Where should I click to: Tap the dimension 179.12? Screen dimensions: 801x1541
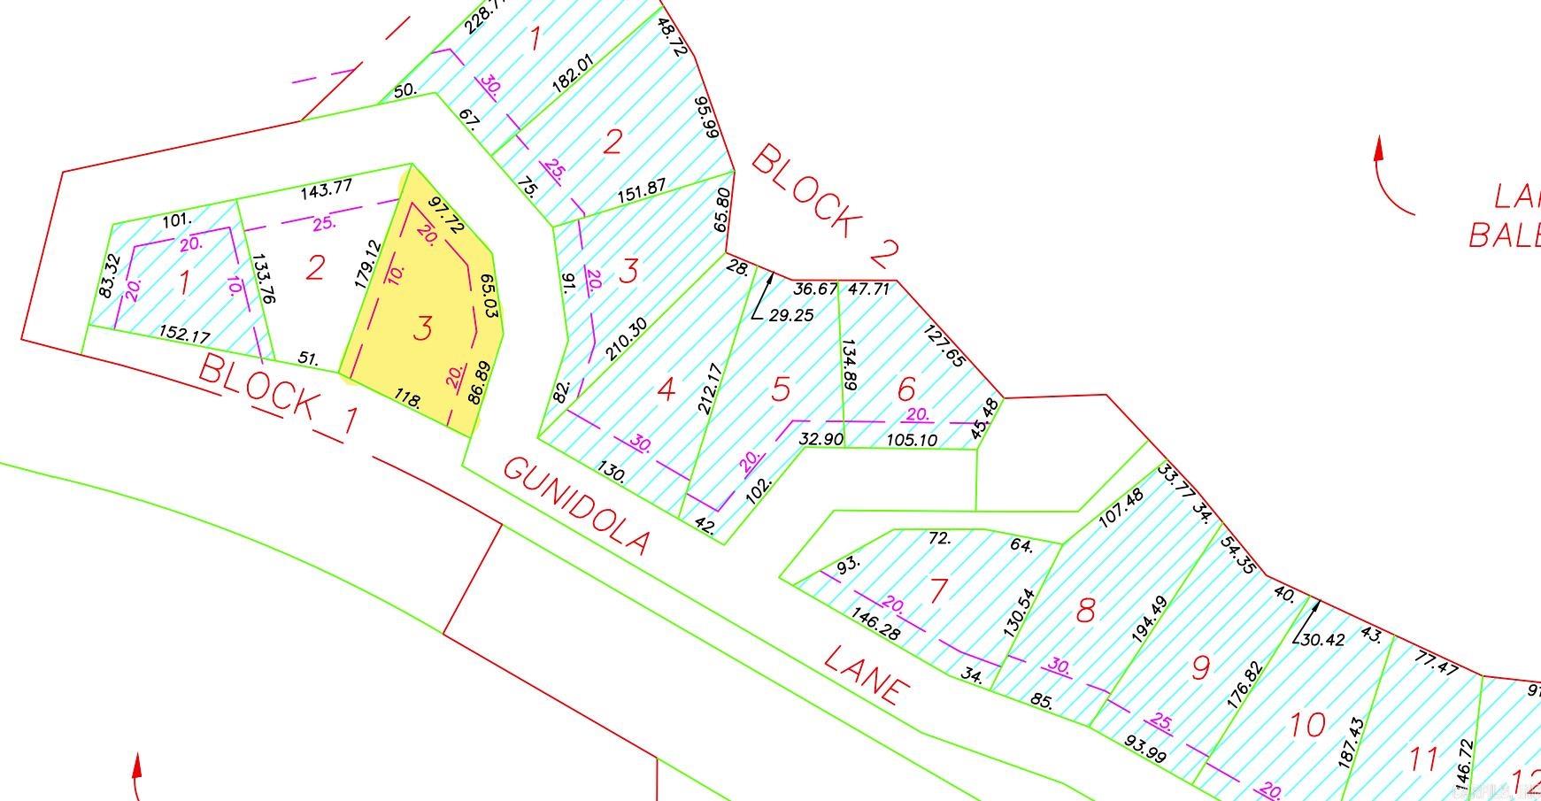point(366,265)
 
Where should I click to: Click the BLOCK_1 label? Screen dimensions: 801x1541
point(279,394)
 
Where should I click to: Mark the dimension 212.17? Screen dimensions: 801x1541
point(711,388)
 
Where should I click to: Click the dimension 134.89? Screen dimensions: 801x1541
point(849,365)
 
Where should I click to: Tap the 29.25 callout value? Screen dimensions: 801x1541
point(791,315)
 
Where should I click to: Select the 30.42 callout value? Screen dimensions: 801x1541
point(1324,639)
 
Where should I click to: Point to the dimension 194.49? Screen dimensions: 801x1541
point(1150,618)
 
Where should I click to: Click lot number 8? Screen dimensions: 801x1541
point(1085,610)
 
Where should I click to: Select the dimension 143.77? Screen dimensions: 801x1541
point(327,189)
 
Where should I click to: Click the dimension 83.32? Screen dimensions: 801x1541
point(108,276)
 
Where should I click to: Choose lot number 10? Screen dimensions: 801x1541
point(1306,726)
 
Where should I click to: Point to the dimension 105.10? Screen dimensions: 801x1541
point(912,440)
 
